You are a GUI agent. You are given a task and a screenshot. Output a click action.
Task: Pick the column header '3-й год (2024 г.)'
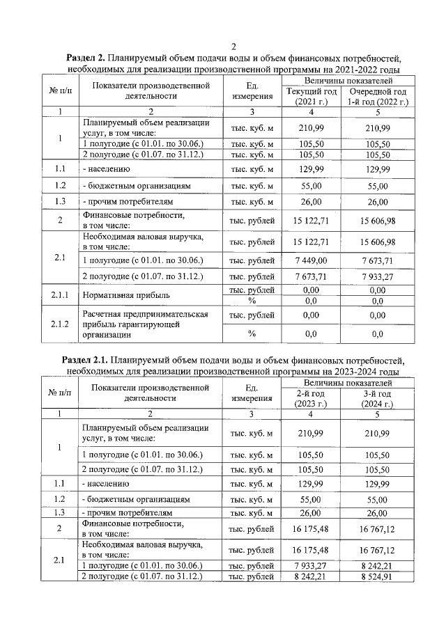tap(378, 398)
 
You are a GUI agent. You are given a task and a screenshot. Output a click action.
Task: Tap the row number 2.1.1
tap(60, 294)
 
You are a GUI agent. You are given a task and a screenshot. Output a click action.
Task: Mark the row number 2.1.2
tap(60, 324)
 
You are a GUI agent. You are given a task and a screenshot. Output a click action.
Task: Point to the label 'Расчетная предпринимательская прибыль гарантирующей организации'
tap(145, 324)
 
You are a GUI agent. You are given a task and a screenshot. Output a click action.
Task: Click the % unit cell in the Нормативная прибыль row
tap(252, 301)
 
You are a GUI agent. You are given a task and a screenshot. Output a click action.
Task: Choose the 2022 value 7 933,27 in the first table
tap(378, 276)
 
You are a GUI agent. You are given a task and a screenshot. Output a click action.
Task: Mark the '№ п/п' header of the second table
tap(60, 393)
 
